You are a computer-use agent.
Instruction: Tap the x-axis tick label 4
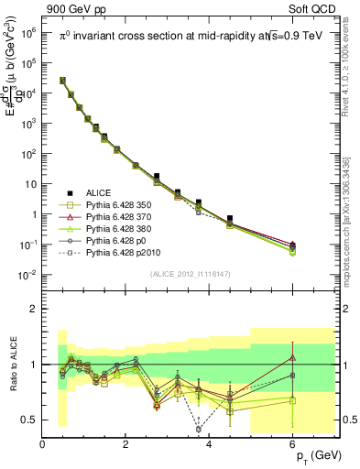210,445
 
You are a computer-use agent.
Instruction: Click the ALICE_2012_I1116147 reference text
191,275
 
